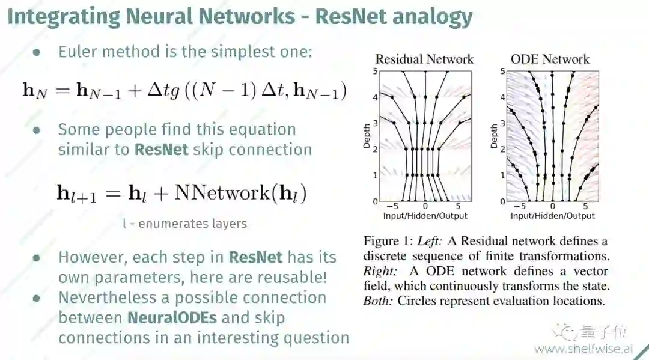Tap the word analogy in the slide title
click(432, 16)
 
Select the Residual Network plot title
click(424, 59)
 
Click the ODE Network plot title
click(550, 59)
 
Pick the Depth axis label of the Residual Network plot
click(368, 136)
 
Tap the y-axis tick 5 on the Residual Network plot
click(376, 71)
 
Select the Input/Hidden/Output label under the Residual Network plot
click(425, 216)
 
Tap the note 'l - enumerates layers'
click(184, 224)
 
